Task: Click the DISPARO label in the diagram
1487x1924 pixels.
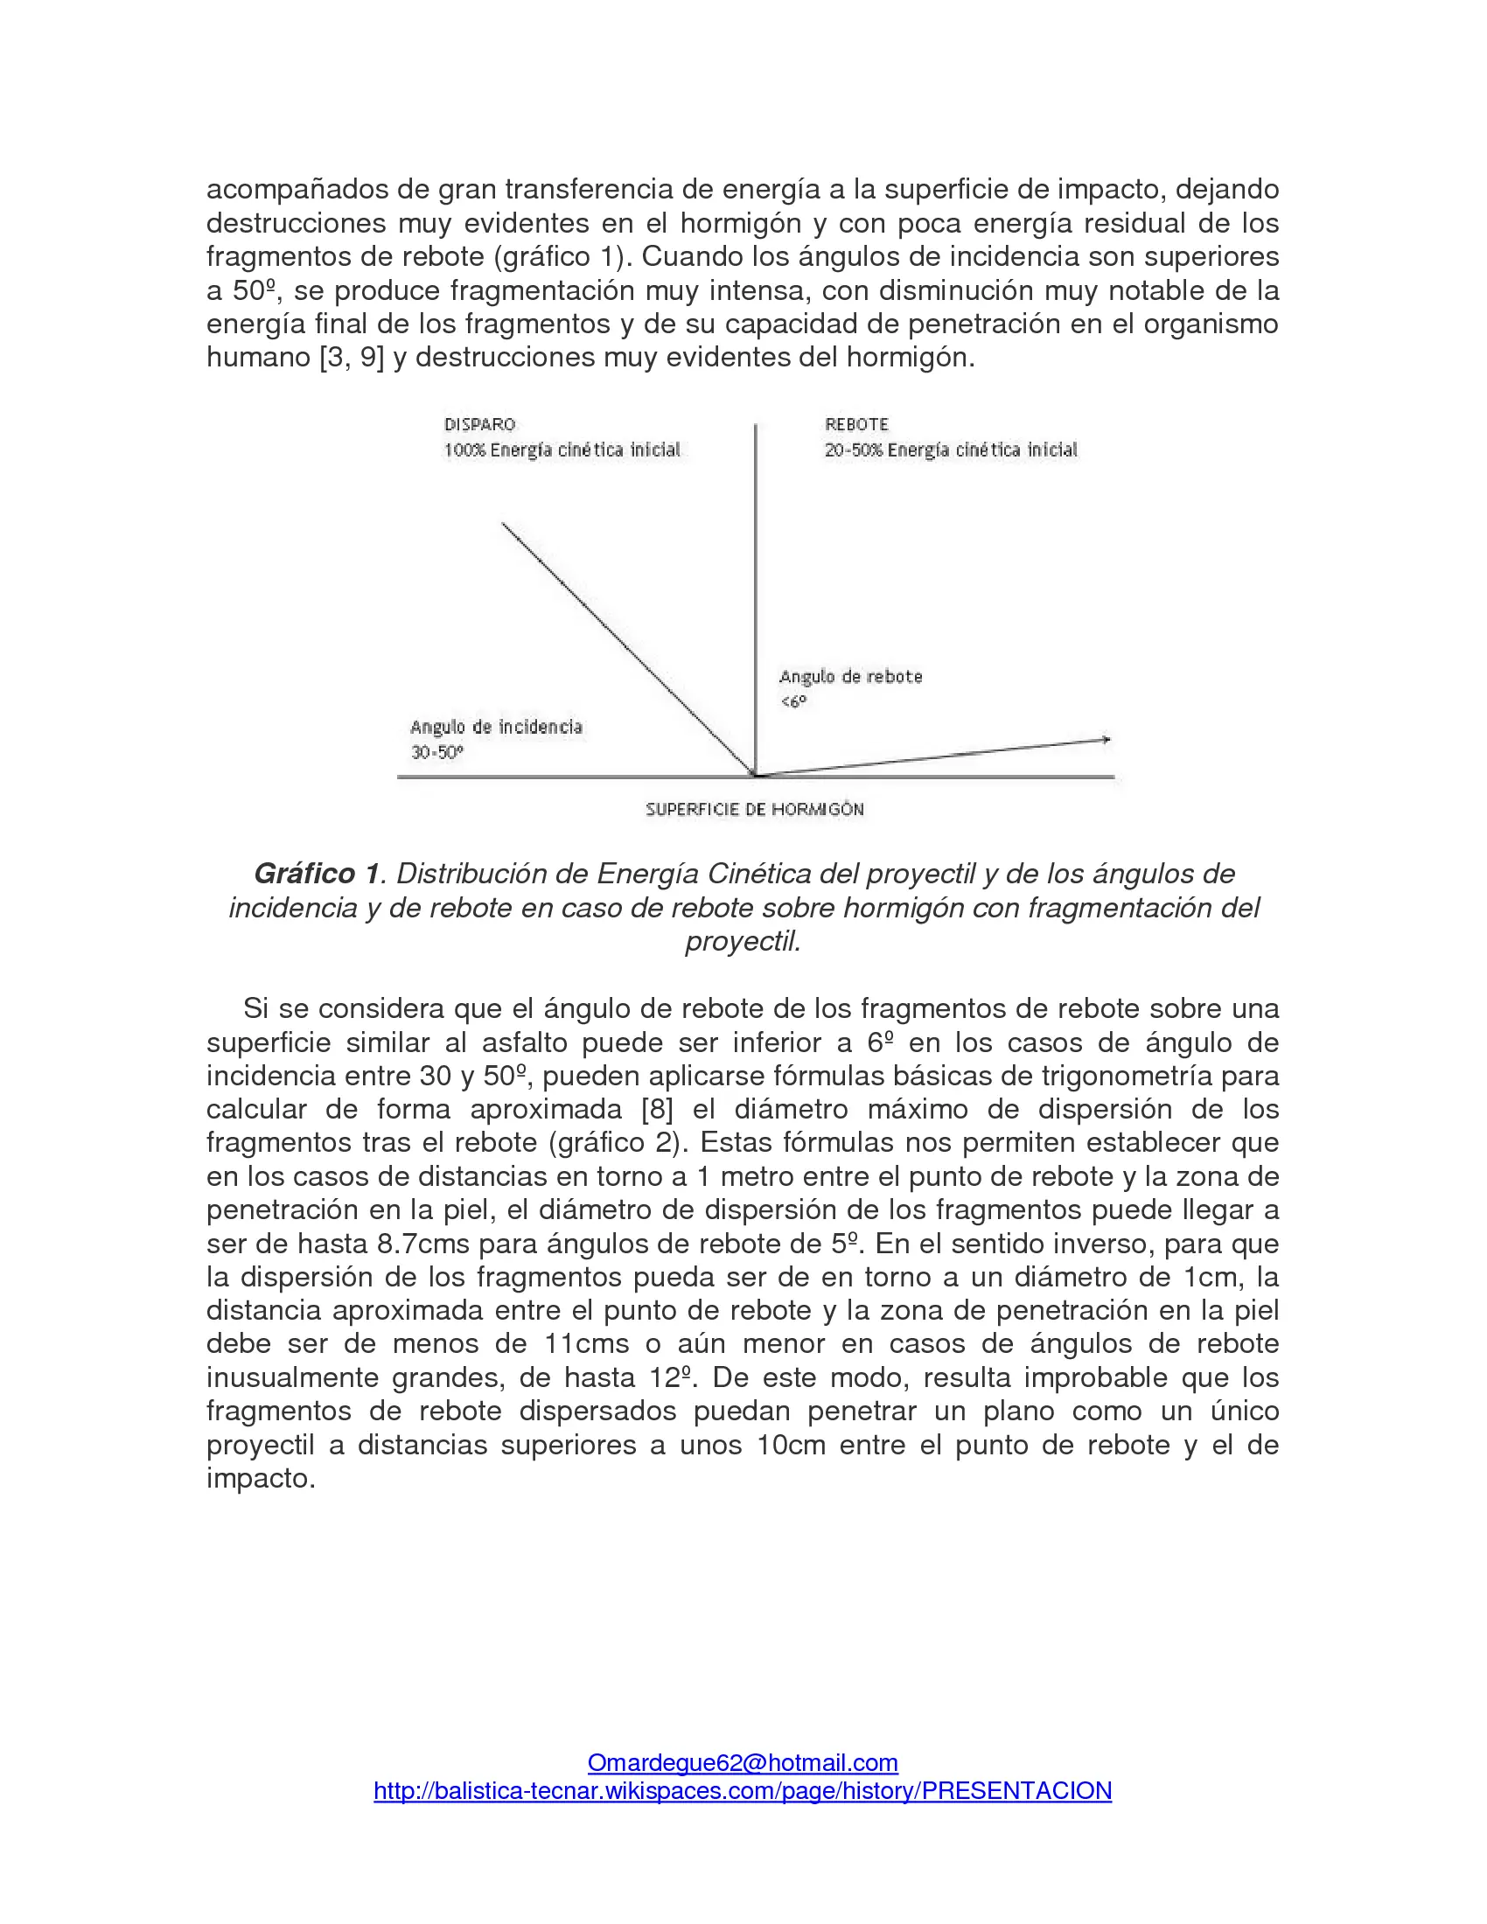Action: (x=479, y=425)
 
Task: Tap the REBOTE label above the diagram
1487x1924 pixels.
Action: (x=856, y=425)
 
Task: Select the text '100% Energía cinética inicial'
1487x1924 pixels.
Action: (x=562, y=450)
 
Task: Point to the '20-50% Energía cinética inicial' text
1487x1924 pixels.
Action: (x=951, y=450)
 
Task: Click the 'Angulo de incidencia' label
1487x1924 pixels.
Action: (x=496, y=727)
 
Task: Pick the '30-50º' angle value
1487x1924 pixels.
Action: (x=437, y=752)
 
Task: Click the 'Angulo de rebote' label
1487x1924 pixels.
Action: (x=850, y=677)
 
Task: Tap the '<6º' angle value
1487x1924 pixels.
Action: (x=792, y=702)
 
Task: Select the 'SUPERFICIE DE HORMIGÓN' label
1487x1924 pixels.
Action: (x=754, y=810)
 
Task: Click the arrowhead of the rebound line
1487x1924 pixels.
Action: (x=1106, y=740)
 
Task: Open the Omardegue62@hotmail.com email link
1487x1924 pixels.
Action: (x=743, y=1763)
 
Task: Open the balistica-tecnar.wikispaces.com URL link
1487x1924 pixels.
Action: (x=743, y=1791)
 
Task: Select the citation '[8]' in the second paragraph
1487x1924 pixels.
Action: (x=657, y=1109)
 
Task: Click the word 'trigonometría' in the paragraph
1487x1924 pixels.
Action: (x=1119, y=1076)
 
